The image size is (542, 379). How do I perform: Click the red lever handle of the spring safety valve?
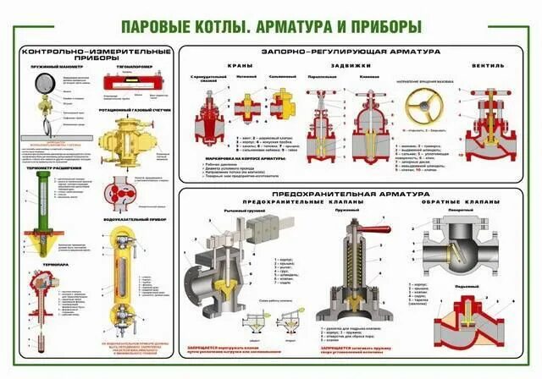[371, 229]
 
